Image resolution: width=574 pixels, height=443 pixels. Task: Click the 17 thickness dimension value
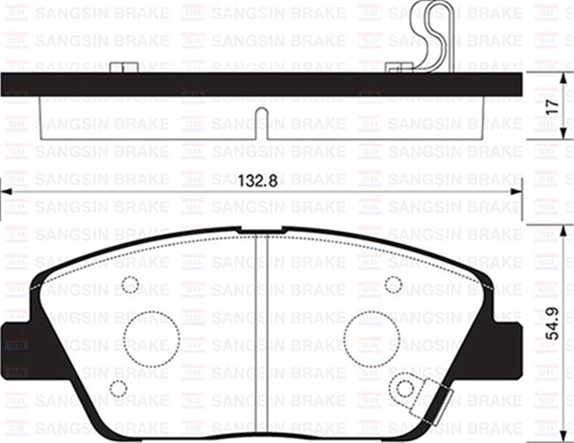tap(553, 106)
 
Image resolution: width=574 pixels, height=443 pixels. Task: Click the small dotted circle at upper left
tap(130, 285)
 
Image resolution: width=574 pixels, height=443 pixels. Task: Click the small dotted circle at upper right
tap(393, 285)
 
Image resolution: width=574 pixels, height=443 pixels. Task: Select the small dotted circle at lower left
tap(118, 388)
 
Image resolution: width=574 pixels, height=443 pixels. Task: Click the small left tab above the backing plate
tap(124, 67)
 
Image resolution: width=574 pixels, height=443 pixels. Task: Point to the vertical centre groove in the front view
tap(260, 335)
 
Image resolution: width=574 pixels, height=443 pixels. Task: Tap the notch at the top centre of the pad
tap(261, 231)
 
